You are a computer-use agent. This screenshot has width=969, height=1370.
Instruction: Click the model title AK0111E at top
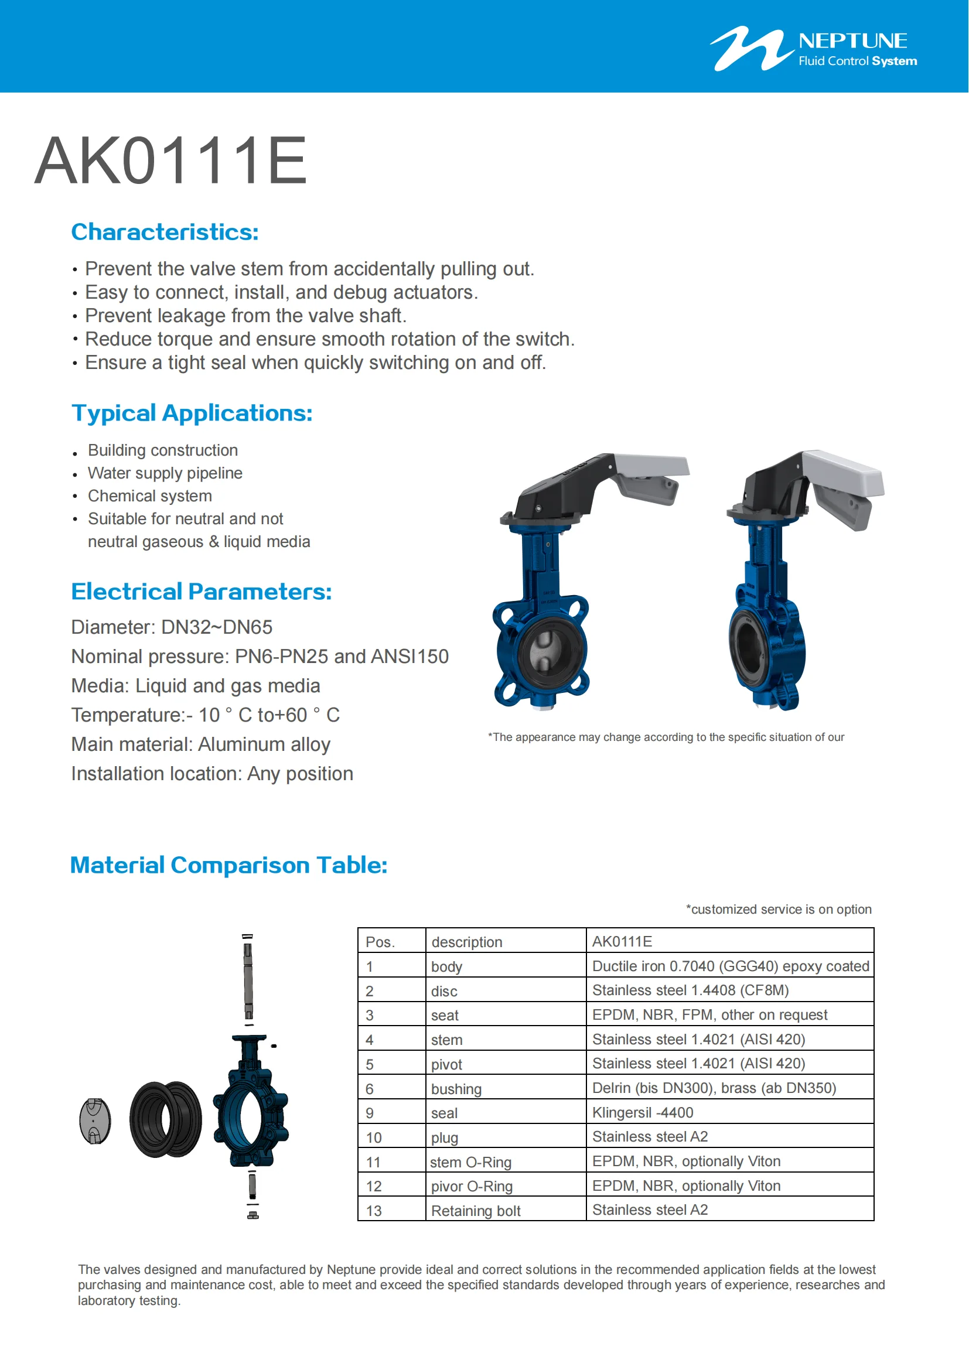point(170,160)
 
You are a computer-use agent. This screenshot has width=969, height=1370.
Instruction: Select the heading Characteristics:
point(165,232)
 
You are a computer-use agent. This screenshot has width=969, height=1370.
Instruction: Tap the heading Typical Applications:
point(192,413)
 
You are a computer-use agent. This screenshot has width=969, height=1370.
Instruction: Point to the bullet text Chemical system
point(150,496)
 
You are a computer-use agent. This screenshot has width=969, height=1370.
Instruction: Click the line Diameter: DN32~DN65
point(171,627)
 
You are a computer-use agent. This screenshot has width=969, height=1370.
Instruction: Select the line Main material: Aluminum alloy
point(200,744)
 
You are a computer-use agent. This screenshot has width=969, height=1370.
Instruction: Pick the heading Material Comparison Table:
point(228,865)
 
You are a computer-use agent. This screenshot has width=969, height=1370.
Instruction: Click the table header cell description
point(466,942)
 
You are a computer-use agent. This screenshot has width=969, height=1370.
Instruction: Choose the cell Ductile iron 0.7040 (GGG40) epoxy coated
point(730,966)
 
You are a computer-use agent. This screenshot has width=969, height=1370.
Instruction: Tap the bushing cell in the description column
point(456,1089)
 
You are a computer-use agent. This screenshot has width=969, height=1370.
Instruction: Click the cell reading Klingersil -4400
point(643,1113)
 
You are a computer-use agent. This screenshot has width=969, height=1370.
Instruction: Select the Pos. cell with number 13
point(374,1211)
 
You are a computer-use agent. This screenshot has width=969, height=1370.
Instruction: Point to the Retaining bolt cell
point(476,1211)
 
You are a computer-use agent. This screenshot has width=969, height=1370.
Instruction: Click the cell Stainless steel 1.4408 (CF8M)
point(690,990)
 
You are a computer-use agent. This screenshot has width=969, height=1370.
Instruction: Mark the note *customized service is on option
point(778,910)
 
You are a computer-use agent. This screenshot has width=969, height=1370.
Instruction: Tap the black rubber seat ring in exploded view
point(165,1120)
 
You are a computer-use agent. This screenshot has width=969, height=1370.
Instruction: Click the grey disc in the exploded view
point(95,1121)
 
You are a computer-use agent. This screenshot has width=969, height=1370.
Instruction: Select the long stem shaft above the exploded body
point(248,979)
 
